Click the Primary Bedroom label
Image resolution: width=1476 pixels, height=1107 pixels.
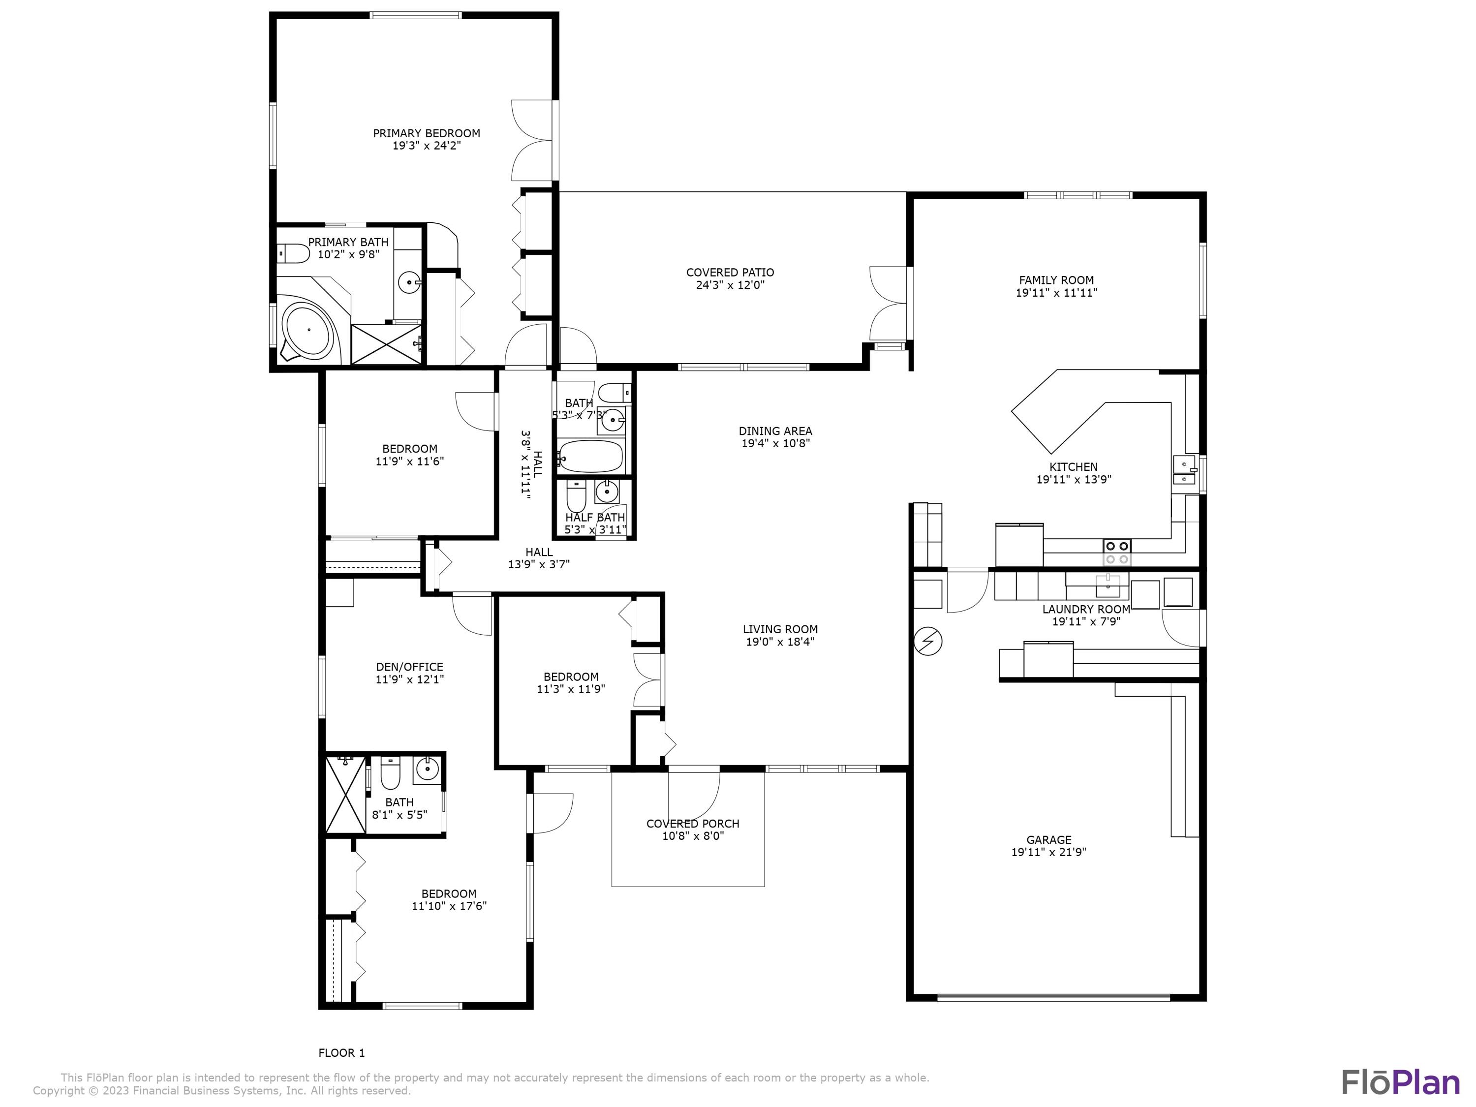point(427,133)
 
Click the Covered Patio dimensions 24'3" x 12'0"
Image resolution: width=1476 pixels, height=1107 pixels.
point(730,285)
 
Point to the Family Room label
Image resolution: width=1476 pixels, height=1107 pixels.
point(1056,280)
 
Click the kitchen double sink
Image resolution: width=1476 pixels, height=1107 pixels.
point(1184,470)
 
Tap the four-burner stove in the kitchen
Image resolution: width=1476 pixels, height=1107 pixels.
point(1116,552)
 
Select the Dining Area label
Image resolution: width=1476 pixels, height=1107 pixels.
point(775,431)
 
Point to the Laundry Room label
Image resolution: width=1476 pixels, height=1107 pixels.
point(1086,609)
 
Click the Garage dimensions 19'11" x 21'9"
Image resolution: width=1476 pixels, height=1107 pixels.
point(1049,852)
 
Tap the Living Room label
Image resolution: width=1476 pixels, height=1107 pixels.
point(780,629)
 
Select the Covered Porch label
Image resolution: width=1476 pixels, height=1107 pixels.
point(693,824)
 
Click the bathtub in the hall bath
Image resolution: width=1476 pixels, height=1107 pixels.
point(590,456)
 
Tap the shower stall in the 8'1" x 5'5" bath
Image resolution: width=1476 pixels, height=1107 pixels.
point(346,794)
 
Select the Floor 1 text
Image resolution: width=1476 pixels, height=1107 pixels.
point(341,1053)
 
